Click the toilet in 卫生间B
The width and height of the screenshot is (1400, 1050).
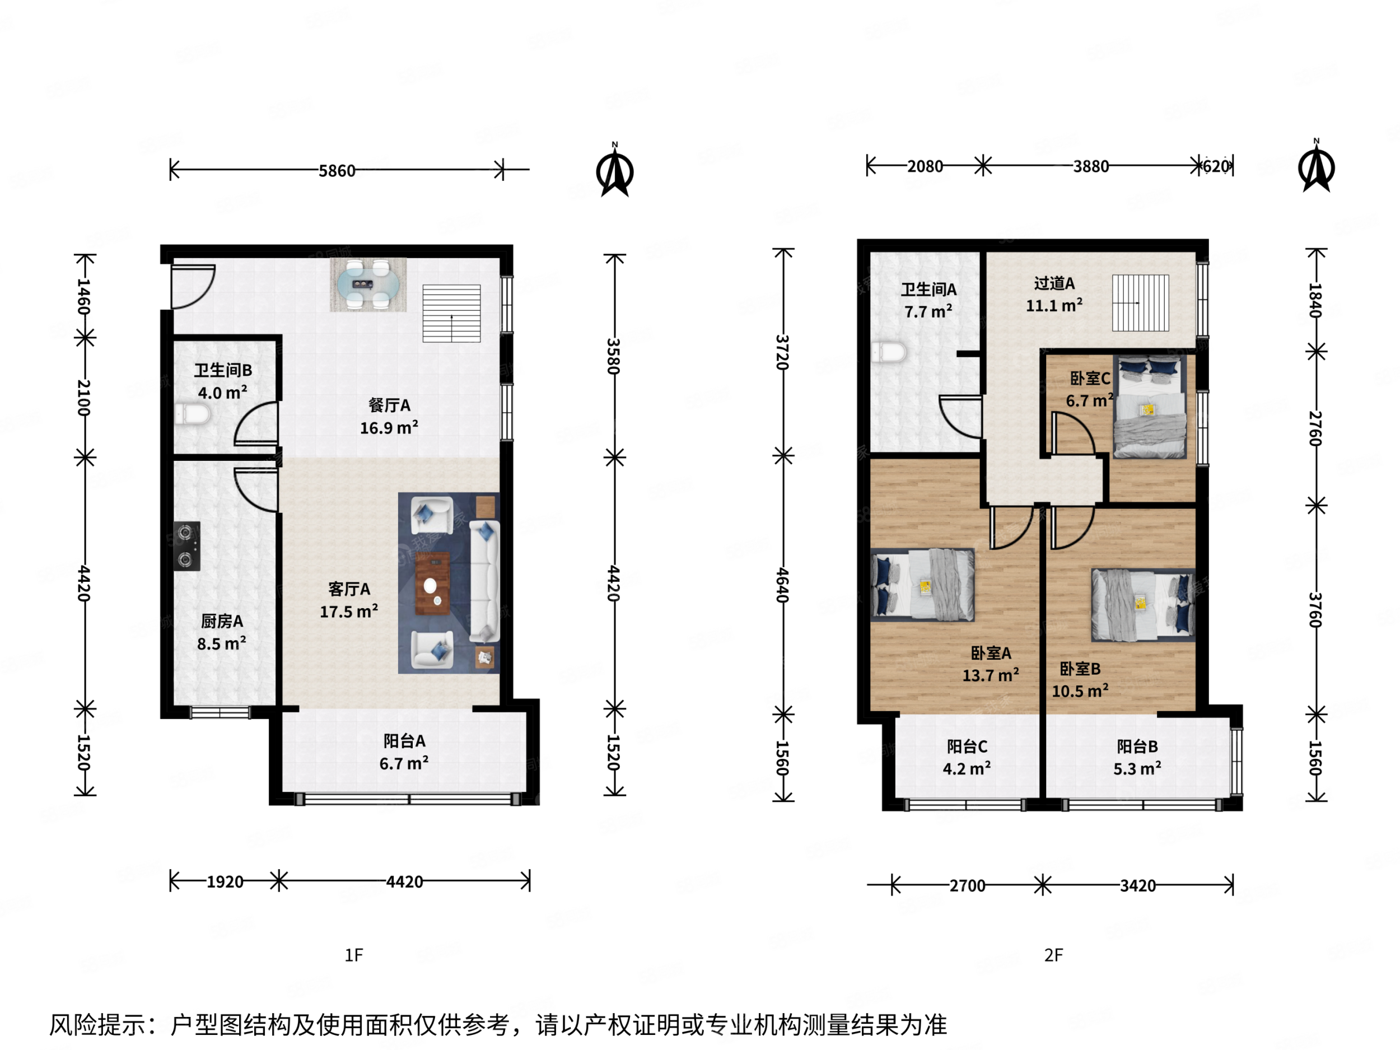[x=194, y=415]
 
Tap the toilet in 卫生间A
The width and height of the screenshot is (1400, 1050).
[x=889, y=353]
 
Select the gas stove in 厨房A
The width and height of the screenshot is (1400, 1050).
[x=186, y=545]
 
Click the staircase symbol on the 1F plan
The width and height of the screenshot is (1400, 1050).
[x=451, y=313]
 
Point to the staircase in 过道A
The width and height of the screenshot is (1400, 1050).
[x=1141, y=302]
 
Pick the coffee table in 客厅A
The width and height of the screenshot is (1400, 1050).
[x=432, y=583]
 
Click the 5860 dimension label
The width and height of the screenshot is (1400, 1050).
[x=337, y=171]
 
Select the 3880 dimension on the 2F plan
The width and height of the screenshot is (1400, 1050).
[x=1090, y=166]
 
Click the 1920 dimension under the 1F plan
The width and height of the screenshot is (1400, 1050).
[x=225, y=881]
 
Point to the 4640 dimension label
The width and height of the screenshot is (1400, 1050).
[x=782, y=585]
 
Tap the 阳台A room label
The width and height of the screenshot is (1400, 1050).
[x=404, y=740]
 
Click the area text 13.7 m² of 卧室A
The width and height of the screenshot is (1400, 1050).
[x=991, y=675]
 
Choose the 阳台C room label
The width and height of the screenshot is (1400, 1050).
[x=967, y=746]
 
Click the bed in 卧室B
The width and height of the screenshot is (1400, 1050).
[x=1143, y=605]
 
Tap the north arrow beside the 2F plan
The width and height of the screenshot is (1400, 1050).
[x=1316, y=169]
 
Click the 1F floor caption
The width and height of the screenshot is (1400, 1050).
[x=354, y=955]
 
